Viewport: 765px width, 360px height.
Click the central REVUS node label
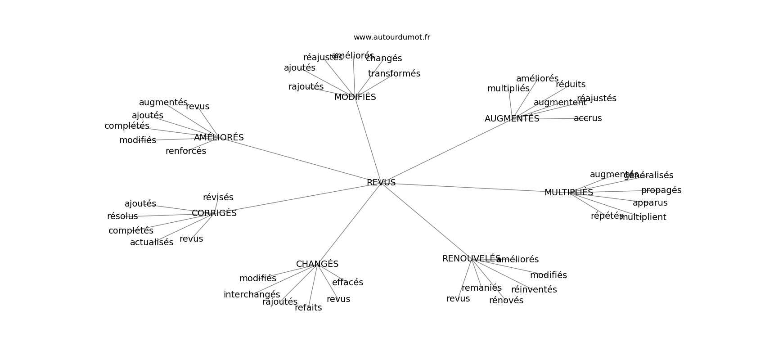pos(381,183)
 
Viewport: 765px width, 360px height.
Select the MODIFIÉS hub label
pos(355,97)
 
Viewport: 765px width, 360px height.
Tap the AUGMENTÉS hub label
pos(512,119)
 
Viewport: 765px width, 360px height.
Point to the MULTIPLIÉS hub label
pos(568,193)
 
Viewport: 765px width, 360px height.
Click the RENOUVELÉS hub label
pos(471,259)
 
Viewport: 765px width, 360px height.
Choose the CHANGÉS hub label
pos(317,264)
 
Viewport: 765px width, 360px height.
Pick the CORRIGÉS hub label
pos(214,213)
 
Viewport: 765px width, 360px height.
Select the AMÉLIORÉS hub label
pos(219,138)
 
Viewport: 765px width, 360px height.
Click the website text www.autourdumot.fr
pos(391,37)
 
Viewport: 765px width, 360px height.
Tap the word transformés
pos(394,74)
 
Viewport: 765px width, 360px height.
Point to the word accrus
pos(588,118)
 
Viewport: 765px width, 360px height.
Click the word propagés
pos(661,190)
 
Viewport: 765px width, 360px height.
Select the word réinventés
pos(534,290)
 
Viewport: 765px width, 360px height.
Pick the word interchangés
pos(252,295)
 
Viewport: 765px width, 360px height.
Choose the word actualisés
pos(152,243)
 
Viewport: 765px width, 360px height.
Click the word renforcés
pos(186,151)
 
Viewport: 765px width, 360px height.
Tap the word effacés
pos(347,283)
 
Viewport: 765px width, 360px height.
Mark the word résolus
pos(122,216)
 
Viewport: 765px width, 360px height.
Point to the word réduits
pos(571,85)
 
